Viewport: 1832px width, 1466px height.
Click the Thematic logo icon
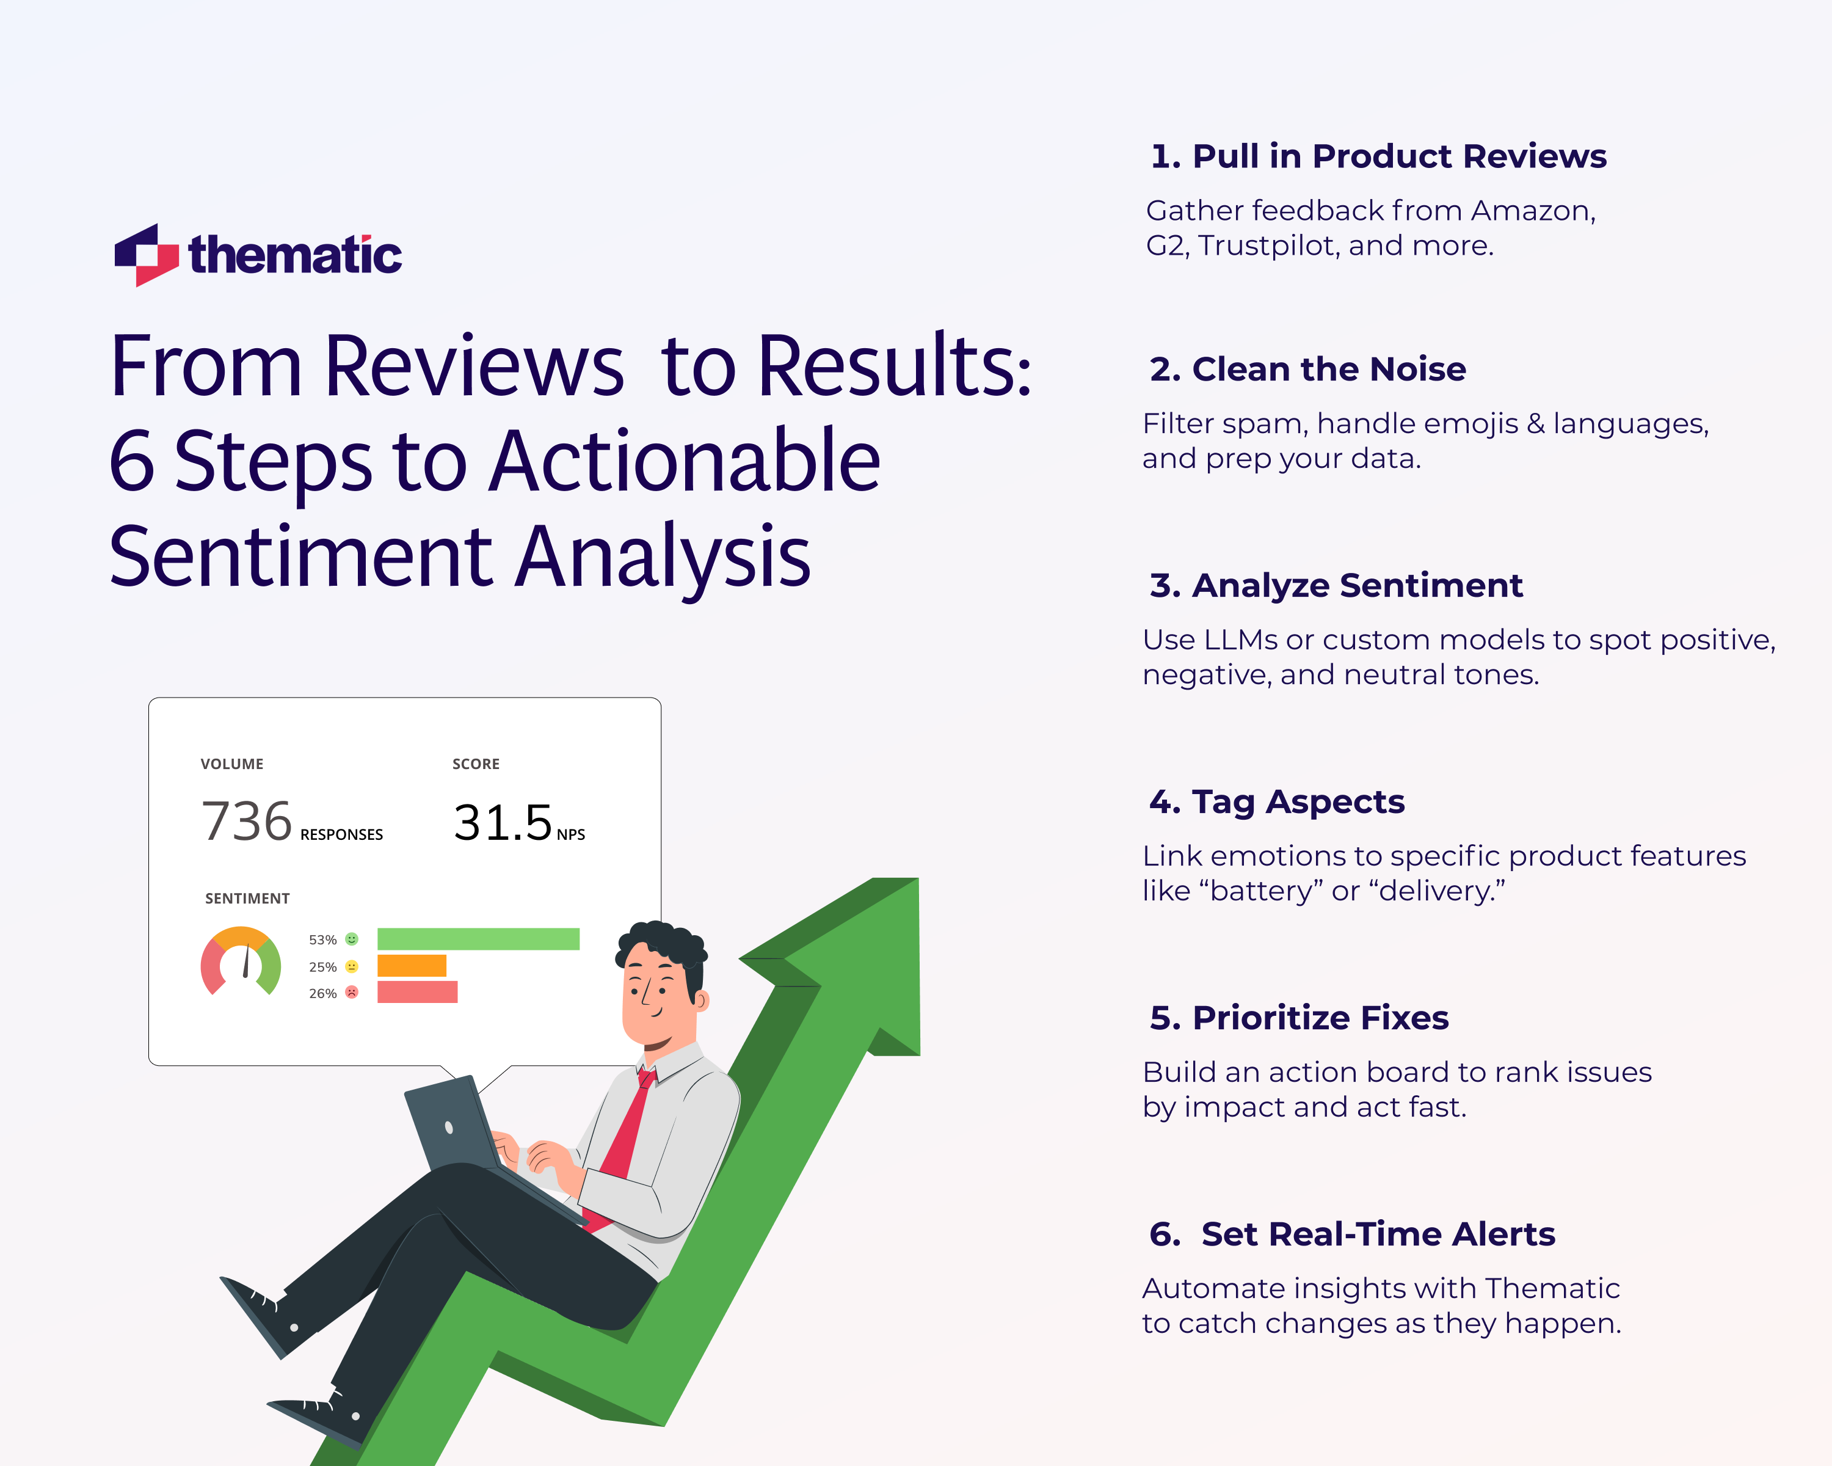coord(146,255)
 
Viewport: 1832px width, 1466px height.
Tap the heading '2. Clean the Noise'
coord(1307,370)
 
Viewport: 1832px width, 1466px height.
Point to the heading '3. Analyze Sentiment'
coord(1335,586)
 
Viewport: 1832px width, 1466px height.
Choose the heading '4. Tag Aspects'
coord(1276,801)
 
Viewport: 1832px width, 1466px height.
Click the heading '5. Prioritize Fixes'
coord(1298,1017)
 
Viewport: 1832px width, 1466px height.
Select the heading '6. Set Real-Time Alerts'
coord(1351,1234)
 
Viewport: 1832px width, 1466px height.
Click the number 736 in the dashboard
coord(247,822)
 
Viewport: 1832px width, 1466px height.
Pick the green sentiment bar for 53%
coord(478,939)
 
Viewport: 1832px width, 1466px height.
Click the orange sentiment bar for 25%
coord(411,966)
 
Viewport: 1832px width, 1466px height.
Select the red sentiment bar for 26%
coord(417,992)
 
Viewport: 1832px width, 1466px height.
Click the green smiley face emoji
coord(352,939)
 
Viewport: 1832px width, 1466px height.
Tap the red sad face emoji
coord(352,992)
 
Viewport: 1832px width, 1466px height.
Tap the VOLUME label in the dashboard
coord(232,764)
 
